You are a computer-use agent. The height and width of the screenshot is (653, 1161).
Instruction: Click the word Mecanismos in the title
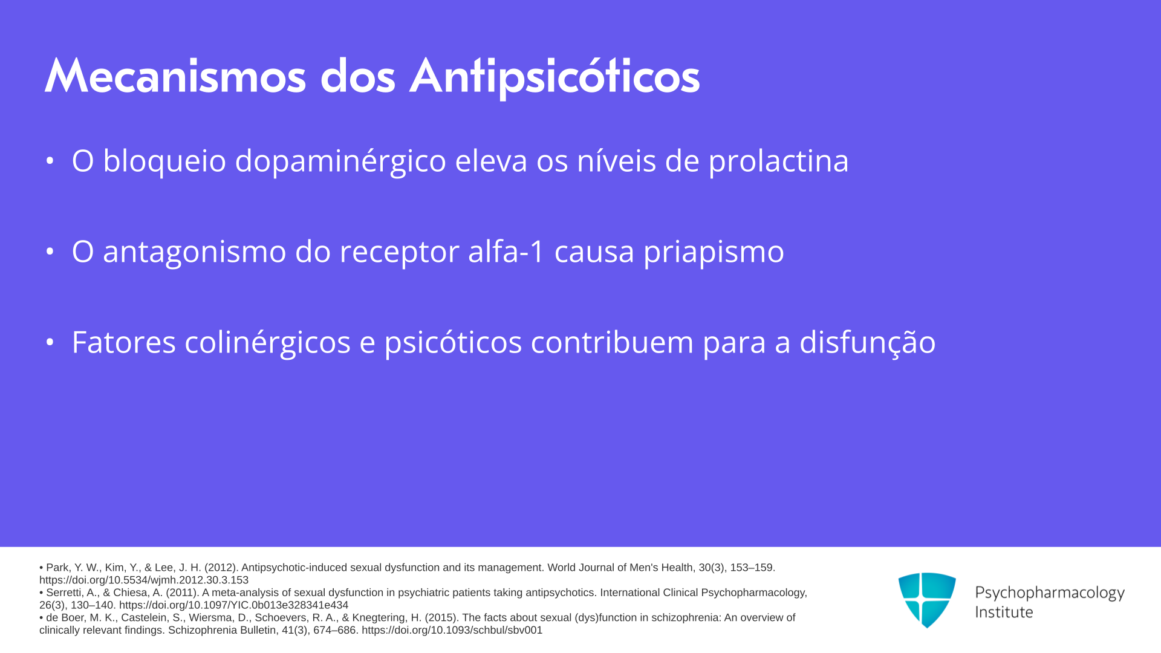click(x=175, y=76)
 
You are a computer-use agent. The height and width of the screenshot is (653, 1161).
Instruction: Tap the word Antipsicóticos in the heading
click(x=554, y=77)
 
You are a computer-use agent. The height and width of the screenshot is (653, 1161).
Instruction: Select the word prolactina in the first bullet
click(x=778, y=161)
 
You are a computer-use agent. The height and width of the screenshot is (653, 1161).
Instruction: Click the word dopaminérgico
click(x=340, y=161)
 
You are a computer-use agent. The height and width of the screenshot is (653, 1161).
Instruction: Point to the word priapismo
click(x=714, y=252)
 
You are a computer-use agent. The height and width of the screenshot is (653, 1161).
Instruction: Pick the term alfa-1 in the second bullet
click(x=507, y=251)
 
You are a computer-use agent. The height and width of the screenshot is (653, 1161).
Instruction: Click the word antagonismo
click(x=194, y=252)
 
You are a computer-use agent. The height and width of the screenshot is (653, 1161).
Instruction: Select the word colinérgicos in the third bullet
click(x=267, y=342)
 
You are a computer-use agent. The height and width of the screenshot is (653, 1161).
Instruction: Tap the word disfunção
click(x=868, y=342)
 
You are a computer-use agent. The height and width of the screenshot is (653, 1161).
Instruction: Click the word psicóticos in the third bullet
click(x=453, y=342)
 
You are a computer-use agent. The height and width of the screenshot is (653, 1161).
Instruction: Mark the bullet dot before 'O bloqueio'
click(x=50, y=161)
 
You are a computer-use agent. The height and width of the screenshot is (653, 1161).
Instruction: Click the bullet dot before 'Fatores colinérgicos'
click(x=50, y=342)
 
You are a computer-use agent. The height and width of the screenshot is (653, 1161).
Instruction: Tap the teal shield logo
click(x=927, y=600)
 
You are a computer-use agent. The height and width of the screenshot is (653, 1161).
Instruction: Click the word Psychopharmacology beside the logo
click(x=1050, y=593)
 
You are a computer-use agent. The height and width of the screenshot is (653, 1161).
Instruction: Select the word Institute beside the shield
click(x=1004, y=612)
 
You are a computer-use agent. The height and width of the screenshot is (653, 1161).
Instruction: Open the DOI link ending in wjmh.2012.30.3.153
click(x=144, y=580)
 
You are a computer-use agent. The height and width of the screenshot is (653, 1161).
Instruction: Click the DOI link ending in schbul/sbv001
click(x=452, y=630)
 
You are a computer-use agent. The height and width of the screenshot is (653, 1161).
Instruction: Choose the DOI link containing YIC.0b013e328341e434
click(x=233, y=605)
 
